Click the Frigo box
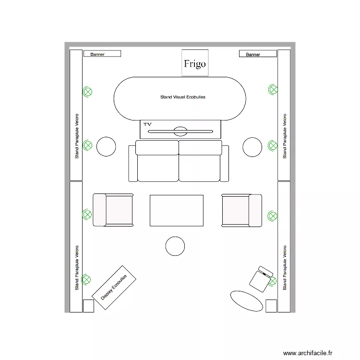pyautogui.click(x=194, y=63)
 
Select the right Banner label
pyautogui.click(x=257, y=54)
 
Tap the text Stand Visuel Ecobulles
pyautogui.click(x=183, y=97)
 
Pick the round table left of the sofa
pyautogui.click(x=106, y=147)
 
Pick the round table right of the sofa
pyautogui.click(x=252, y=147)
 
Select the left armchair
pyautogui.click(x=113, y=210)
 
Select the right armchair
pyautogui.click(x=241, y=210)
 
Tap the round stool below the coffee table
pyautogui.click(x=175, y=246)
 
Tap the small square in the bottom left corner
pyautogui.click(x=88, y=306)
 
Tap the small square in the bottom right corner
pyautogui.click(x=271, y=306)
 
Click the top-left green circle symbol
pyautogui.click(x=87, y=91)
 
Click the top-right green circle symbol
pyautogui.click(x=273, y=89)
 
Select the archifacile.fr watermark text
pyautogui.click(x=307, y=353)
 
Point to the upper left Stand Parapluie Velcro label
pyautogui.click(x=77, y=136)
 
